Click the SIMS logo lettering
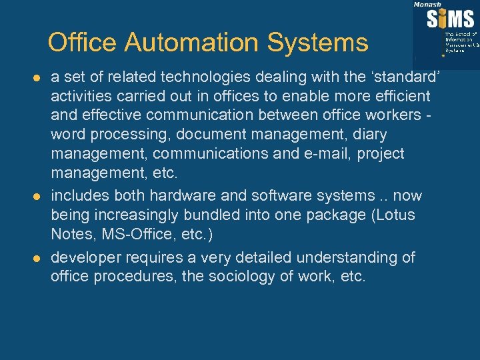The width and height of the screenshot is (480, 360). (451, 19)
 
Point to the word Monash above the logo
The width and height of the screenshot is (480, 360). (427, 4)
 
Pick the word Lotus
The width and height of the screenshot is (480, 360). (394, 215)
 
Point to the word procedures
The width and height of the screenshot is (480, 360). (136, 276)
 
